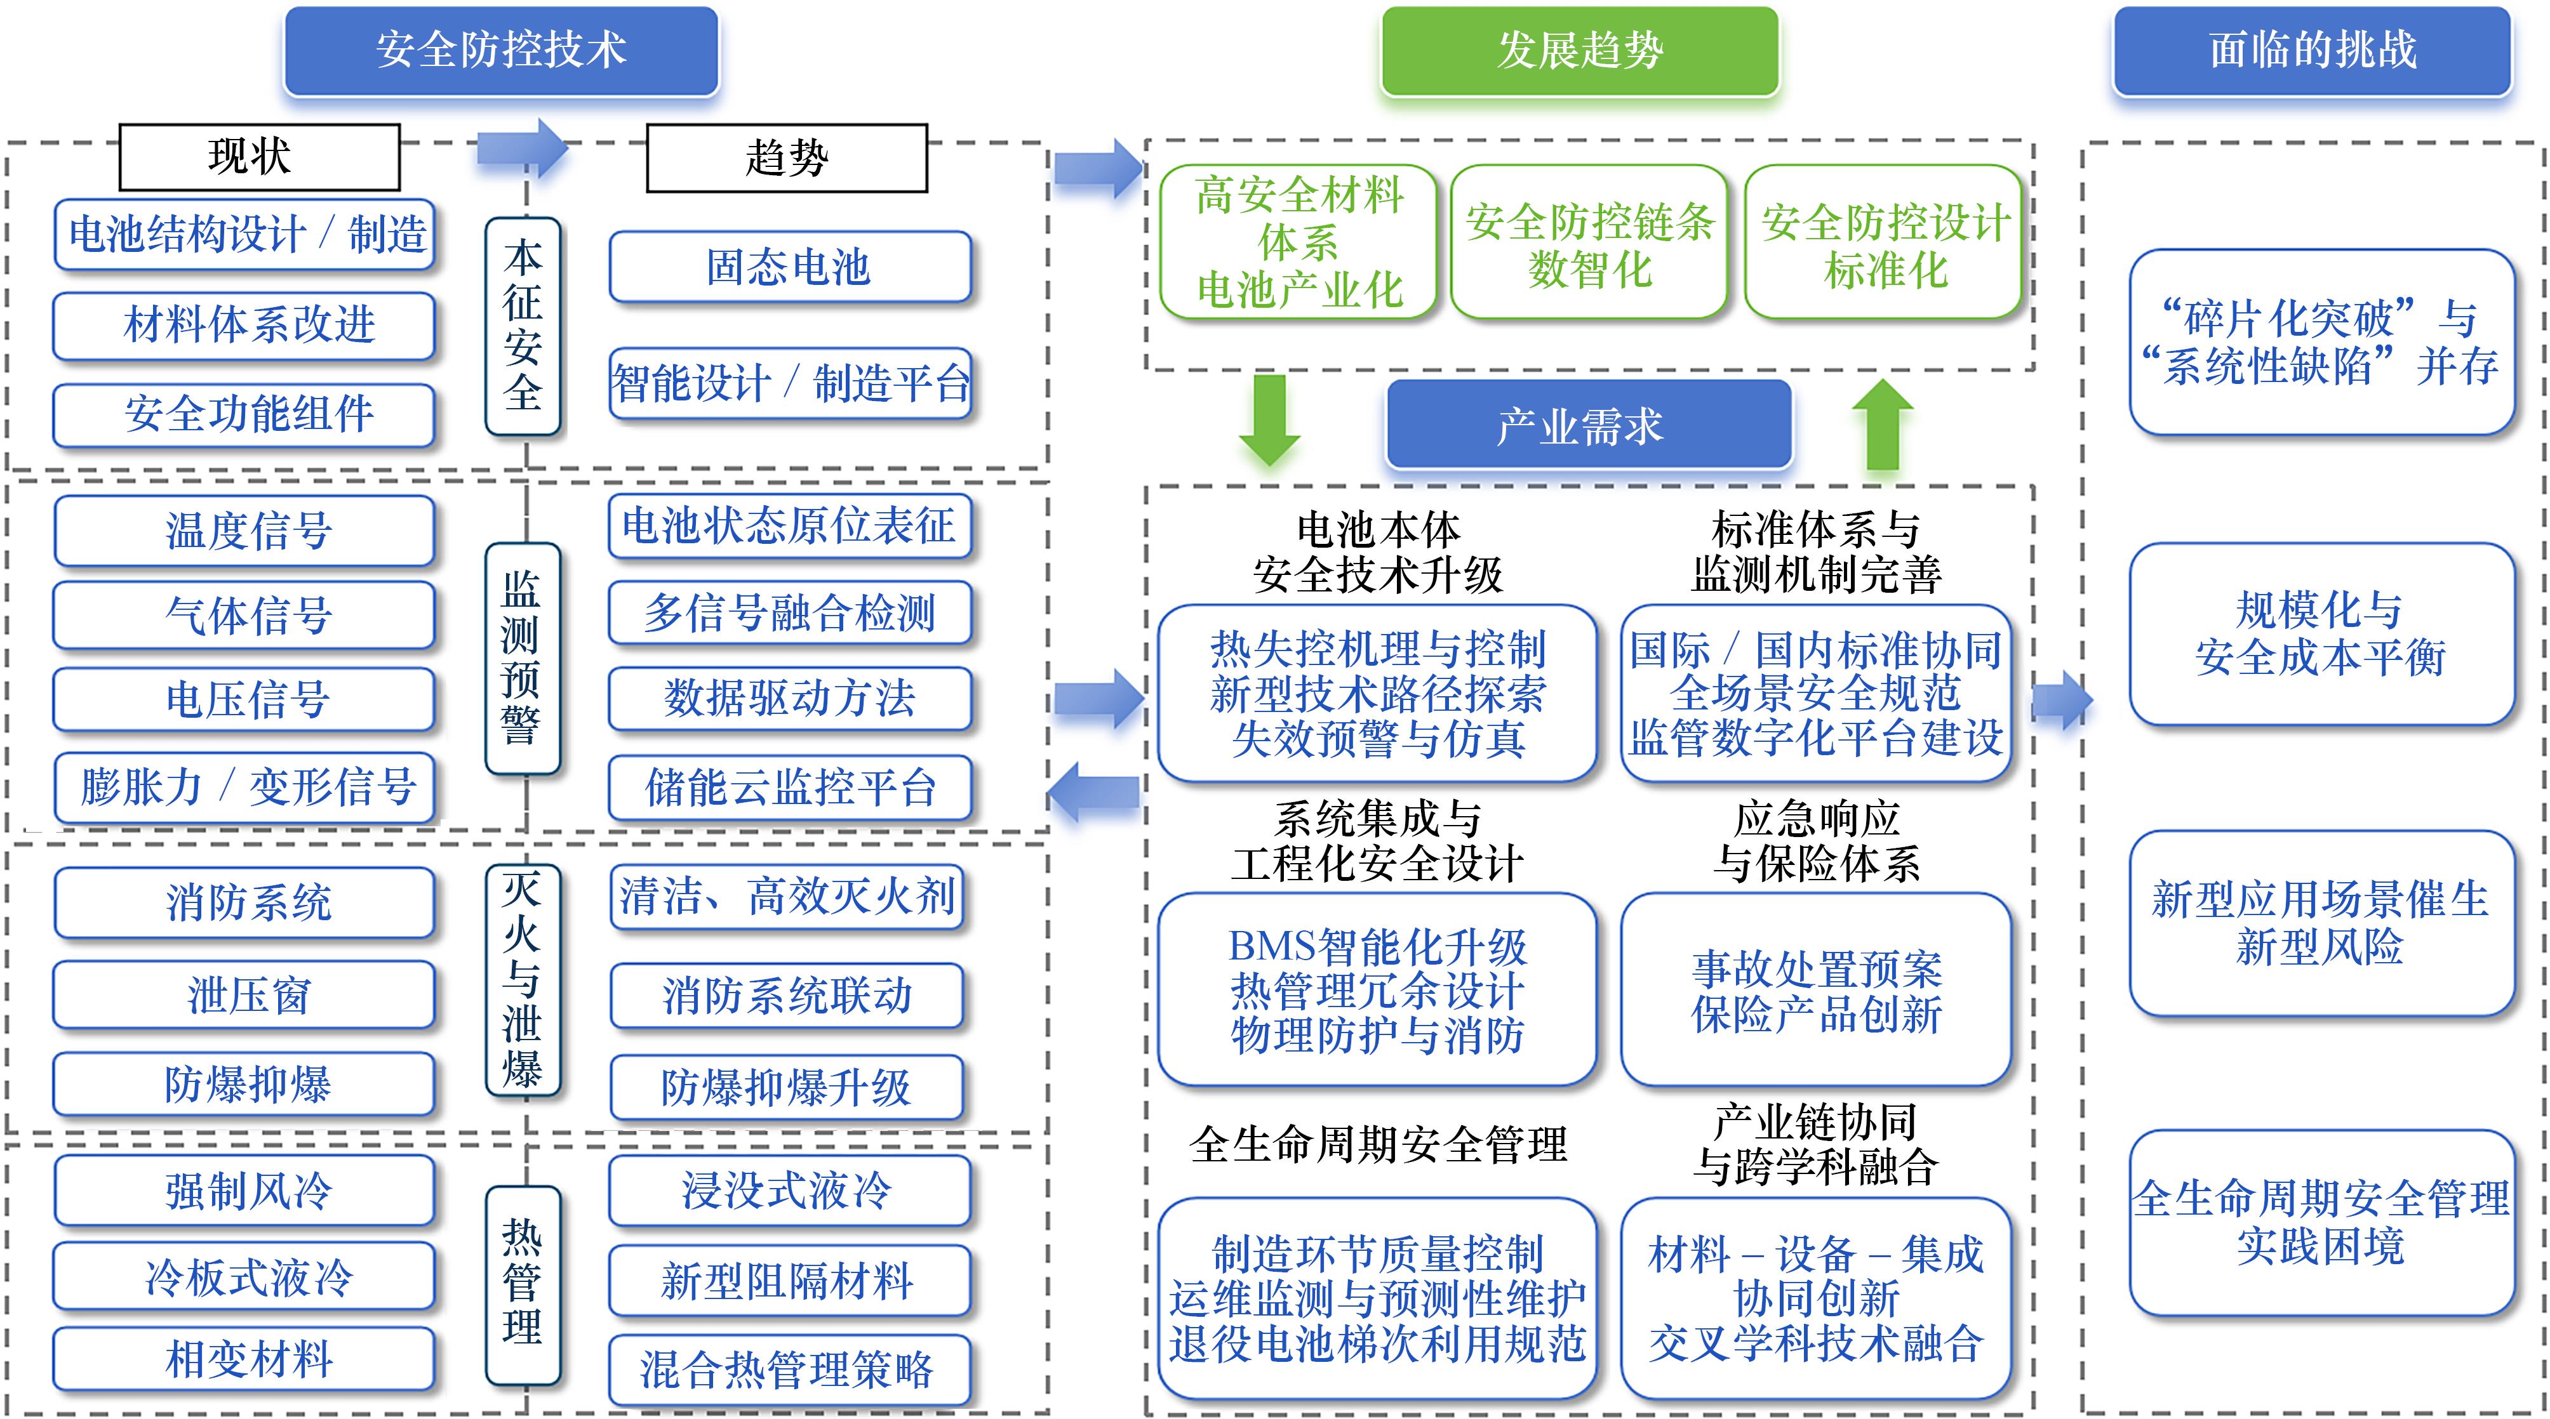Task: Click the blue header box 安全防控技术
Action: click(x=501, y=49)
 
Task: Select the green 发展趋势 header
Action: click(x=1580, y=49)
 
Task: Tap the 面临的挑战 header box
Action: click(x=2313, y=49)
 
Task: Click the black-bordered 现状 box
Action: click(x=259, y=156)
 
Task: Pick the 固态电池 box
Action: click(x=789, y=267)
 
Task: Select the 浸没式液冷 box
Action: click(x=789, y=1189)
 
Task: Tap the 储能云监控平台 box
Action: click(x=789, y=788)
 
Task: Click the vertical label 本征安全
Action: click(x=523, y=327)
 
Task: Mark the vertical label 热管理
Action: click(x=523, y=1283)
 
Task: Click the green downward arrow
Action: click(x=1270, y=419)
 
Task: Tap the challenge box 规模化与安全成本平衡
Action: click(x=2320, y=633)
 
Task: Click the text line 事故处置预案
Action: click(x=1817, y=969)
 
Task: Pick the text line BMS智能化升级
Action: click(x=1377, y=946)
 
